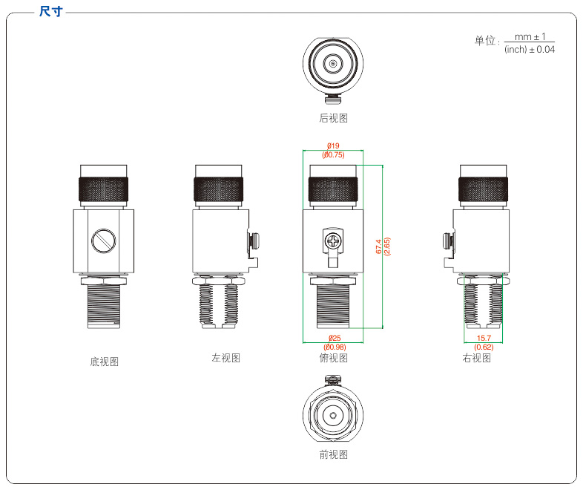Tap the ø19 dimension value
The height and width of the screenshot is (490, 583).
(x=333, y=146)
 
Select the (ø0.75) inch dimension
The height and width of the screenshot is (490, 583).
(x=333, y=155)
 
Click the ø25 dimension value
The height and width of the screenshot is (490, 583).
(x=333, y=339)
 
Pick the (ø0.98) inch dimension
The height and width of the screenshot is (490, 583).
(x=333, y=347)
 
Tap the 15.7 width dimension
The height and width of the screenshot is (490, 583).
(x=484, y=339)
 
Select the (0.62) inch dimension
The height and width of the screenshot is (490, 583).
(x=484, y=347)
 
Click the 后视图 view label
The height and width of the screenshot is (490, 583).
(x=333, y=118)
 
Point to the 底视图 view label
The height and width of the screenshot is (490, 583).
(x=104, y=362)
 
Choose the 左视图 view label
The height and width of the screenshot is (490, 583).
(x=225, y=358)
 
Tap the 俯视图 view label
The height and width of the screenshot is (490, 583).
(x=333, y=358)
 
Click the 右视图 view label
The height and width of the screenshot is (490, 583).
(x=476, y=358)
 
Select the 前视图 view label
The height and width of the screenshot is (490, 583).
(x=333, y=454)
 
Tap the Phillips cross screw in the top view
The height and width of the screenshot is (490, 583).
(x=333, y=241)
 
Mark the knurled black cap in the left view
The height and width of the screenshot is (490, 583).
(x=219, y=188)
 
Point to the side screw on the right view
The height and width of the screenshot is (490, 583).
(x=447, y=241)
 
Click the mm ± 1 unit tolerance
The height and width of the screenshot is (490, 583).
(x=530, y=37)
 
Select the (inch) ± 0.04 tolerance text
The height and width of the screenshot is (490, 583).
(x=530, y=50)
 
